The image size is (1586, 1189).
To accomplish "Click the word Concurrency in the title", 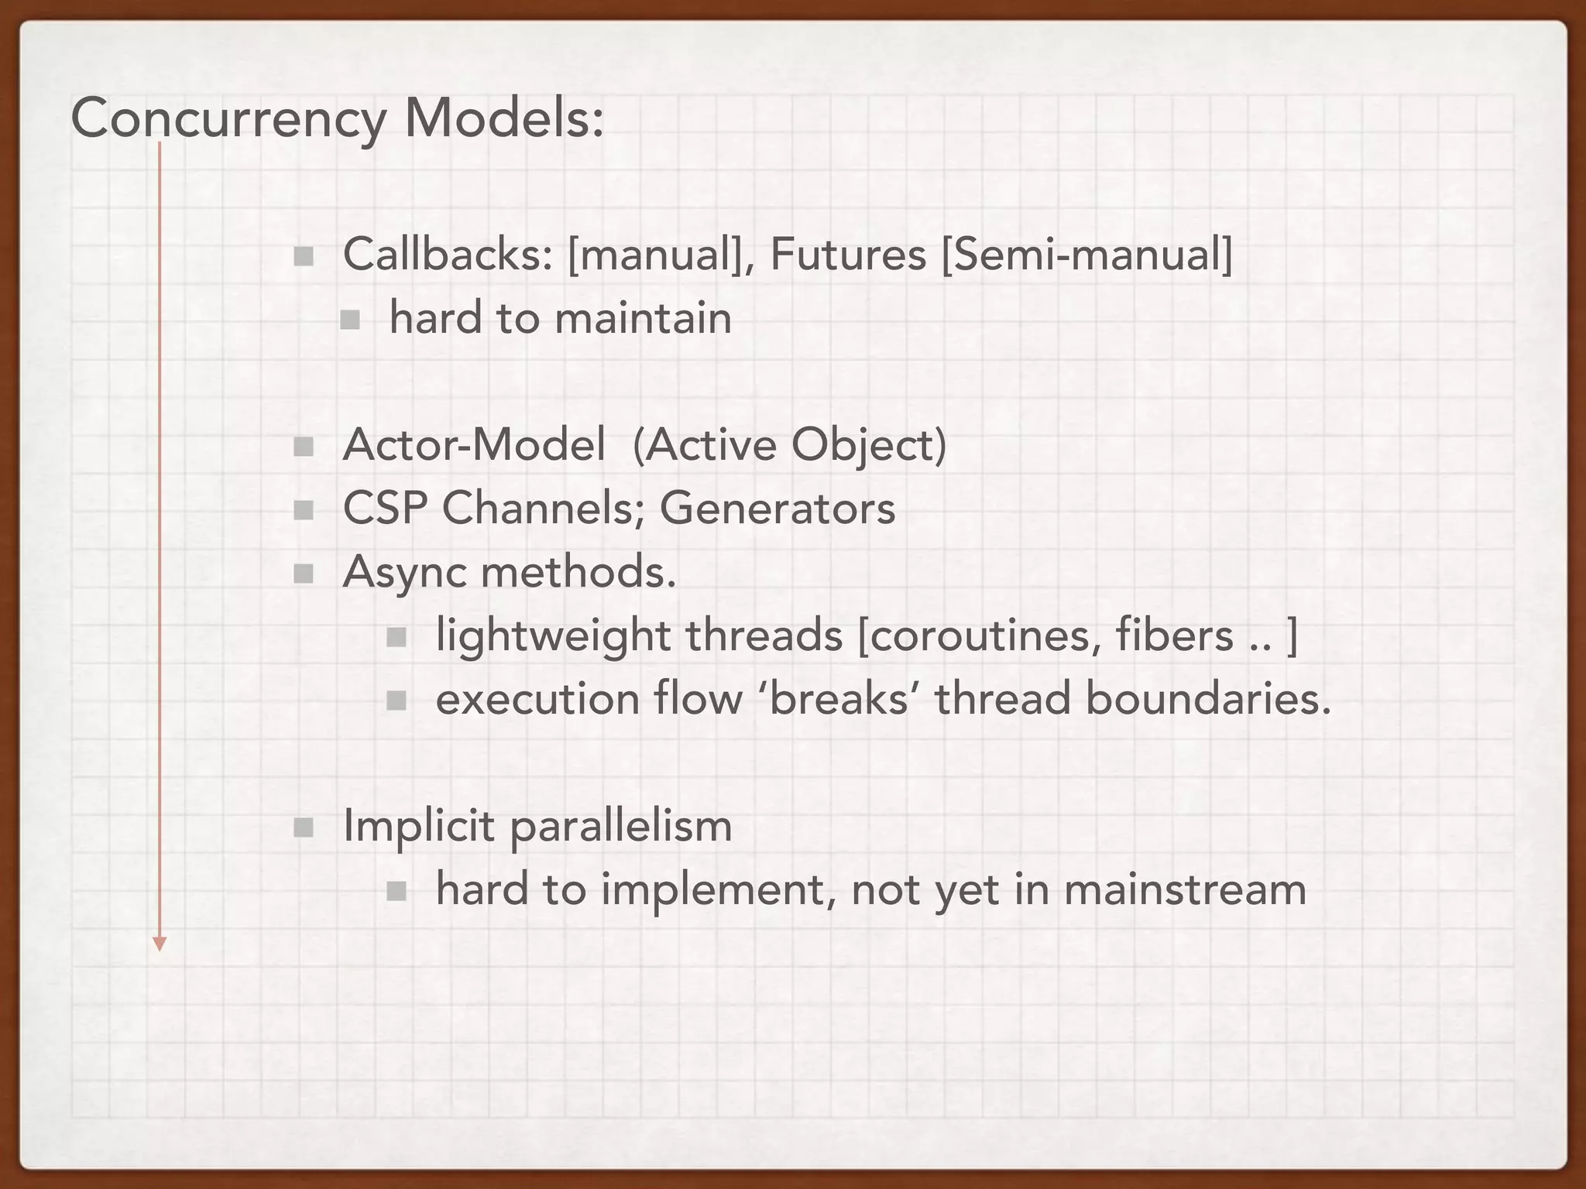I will point(228,120).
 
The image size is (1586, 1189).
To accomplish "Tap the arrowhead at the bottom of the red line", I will point(160,943).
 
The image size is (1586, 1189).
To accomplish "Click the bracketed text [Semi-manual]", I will point(1087,254).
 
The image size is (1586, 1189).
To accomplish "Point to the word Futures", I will point(848,254).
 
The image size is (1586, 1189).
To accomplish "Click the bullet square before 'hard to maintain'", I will point(350,319).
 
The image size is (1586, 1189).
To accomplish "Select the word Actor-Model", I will point(474,445).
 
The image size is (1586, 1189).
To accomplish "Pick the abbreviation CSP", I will point(385,509).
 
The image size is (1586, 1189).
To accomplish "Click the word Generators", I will point(777,509).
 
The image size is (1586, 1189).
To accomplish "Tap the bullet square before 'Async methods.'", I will point(304,574).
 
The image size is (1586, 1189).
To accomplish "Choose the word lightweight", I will point(553,636).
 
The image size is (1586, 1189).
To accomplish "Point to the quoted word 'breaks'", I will point(839,699).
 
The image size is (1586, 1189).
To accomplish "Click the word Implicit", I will point(418,826).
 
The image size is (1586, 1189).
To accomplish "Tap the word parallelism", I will point(620,826).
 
